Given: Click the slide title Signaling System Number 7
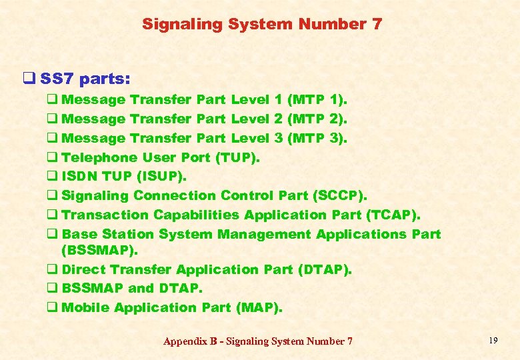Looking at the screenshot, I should coord(262,25).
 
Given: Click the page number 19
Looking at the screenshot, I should coord(493,341).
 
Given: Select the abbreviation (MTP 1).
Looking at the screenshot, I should coord(317,100).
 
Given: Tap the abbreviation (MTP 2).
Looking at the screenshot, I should coord(317,119).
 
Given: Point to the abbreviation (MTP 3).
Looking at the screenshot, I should coord(317,138).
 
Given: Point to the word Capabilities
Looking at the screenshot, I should coord(197,215).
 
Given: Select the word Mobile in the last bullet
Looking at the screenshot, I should coord(86,307).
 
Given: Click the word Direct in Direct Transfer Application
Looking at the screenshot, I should coord(84,269).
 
